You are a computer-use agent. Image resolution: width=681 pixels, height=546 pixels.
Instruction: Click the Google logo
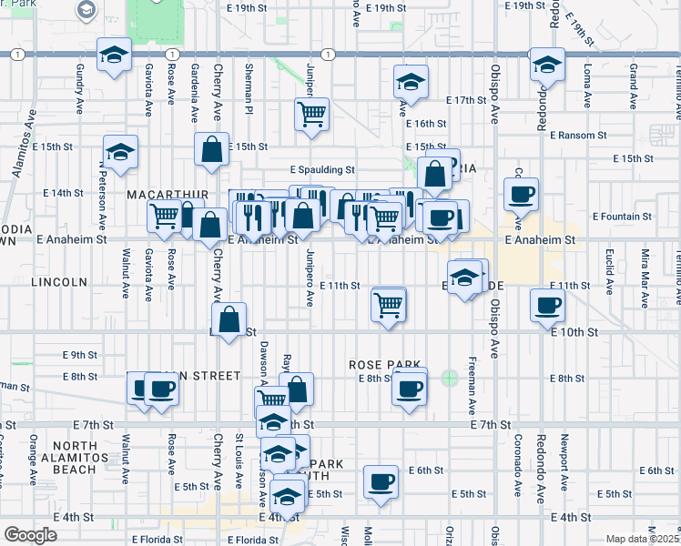point(29,534)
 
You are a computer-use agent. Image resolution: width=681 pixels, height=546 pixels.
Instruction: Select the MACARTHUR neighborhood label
point(168,195)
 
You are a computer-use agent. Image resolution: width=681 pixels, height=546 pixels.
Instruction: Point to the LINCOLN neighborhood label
point(58,282)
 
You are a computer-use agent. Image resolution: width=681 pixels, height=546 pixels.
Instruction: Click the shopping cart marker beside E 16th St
point(311,115)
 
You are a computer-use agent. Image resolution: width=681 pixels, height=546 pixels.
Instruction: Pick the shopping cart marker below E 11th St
point(389,304)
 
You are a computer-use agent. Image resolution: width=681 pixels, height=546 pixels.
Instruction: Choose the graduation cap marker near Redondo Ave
point(547,66)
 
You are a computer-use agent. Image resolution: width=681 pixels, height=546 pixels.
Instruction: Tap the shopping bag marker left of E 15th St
point(211,151)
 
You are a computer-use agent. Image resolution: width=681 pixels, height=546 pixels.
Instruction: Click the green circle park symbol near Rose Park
point(449,378)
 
